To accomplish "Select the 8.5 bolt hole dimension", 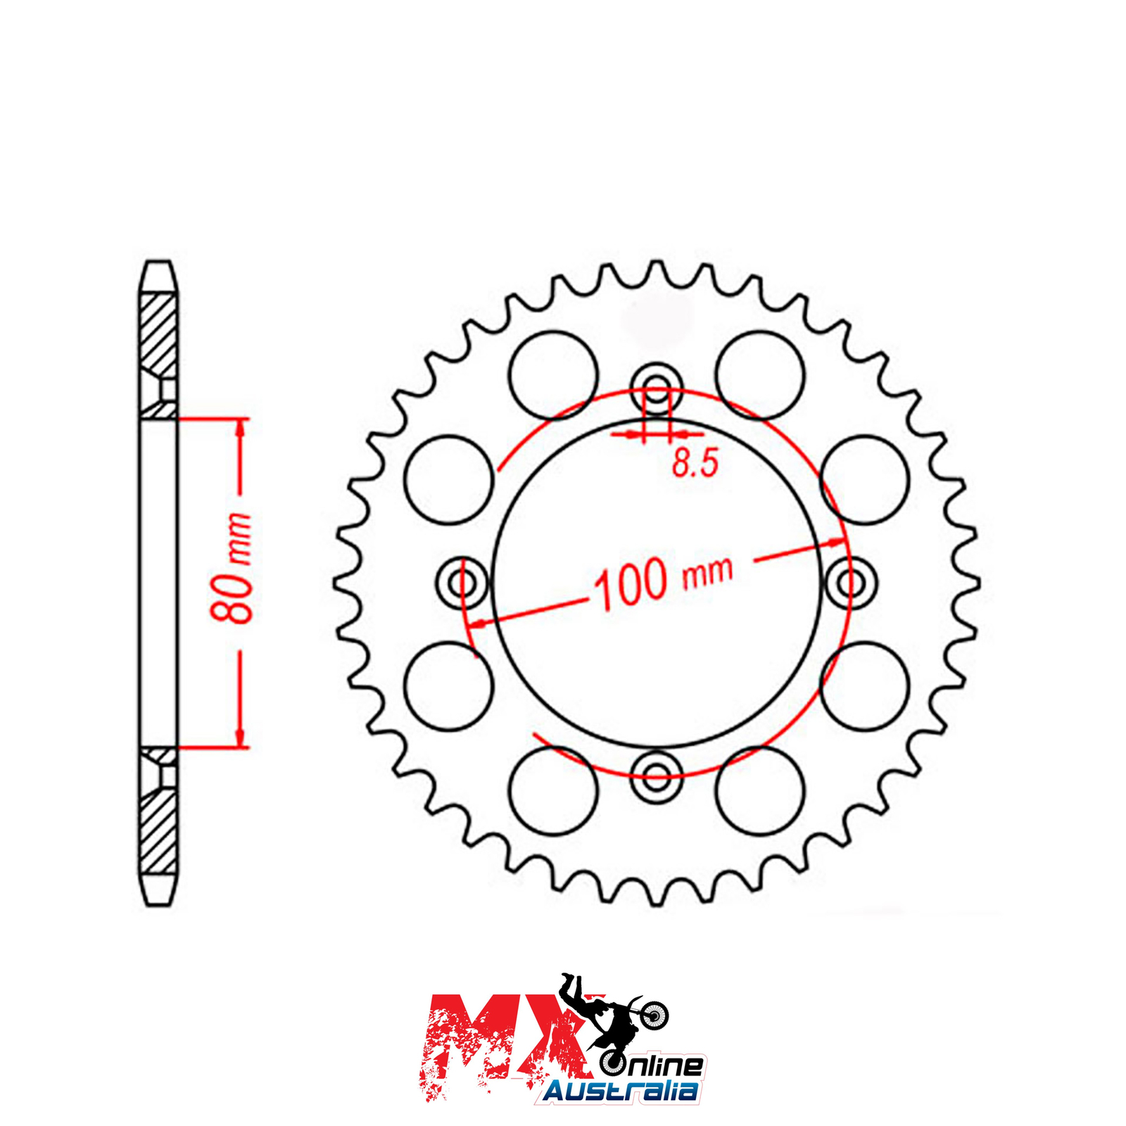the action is point(695,464).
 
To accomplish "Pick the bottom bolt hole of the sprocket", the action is point(657,778).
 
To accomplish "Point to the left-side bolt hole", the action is point(462,583).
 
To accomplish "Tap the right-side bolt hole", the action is point(851,583).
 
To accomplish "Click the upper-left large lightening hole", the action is point(553,375).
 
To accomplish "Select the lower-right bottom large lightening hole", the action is point(760,790).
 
